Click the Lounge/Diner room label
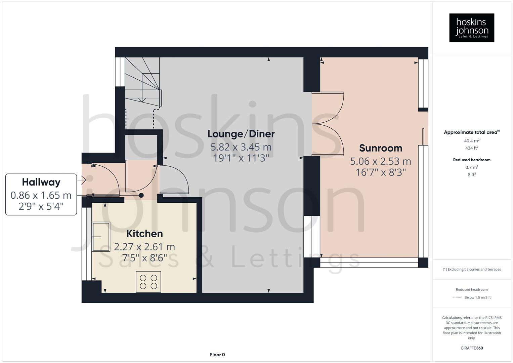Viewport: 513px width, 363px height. [x=241, y=134]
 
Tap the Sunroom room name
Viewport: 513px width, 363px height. [x=380, y=148]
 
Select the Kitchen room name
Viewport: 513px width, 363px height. [x=144, y=234]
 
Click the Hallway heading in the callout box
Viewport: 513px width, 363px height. [x=41, y=182]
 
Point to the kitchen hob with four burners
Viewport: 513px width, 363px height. [x=148, y=282]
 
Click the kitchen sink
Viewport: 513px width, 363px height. [x=101, y=237]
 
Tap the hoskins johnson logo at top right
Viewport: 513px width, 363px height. [x=471, y=28]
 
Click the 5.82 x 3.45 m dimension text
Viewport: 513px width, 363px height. [x=241, y=147]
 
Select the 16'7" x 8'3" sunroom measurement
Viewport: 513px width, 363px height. [x=380, y=172]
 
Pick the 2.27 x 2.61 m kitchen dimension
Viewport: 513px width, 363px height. [x=144, y=247]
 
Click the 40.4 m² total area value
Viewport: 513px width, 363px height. [x=471, y=141]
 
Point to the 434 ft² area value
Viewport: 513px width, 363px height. [x=471, y=148]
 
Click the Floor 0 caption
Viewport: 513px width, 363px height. [x=217, y=355]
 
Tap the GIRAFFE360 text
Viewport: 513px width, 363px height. [x=471, y=348]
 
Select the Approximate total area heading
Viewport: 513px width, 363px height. [x=471, y=132]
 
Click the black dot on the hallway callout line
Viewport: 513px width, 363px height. [x=141, y=195]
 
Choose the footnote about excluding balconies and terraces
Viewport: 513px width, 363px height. [x=471, y=269]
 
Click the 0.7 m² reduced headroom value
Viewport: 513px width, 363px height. [x=471, y=167]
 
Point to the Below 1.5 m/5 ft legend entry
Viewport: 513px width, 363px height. [x=477, y=297]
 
